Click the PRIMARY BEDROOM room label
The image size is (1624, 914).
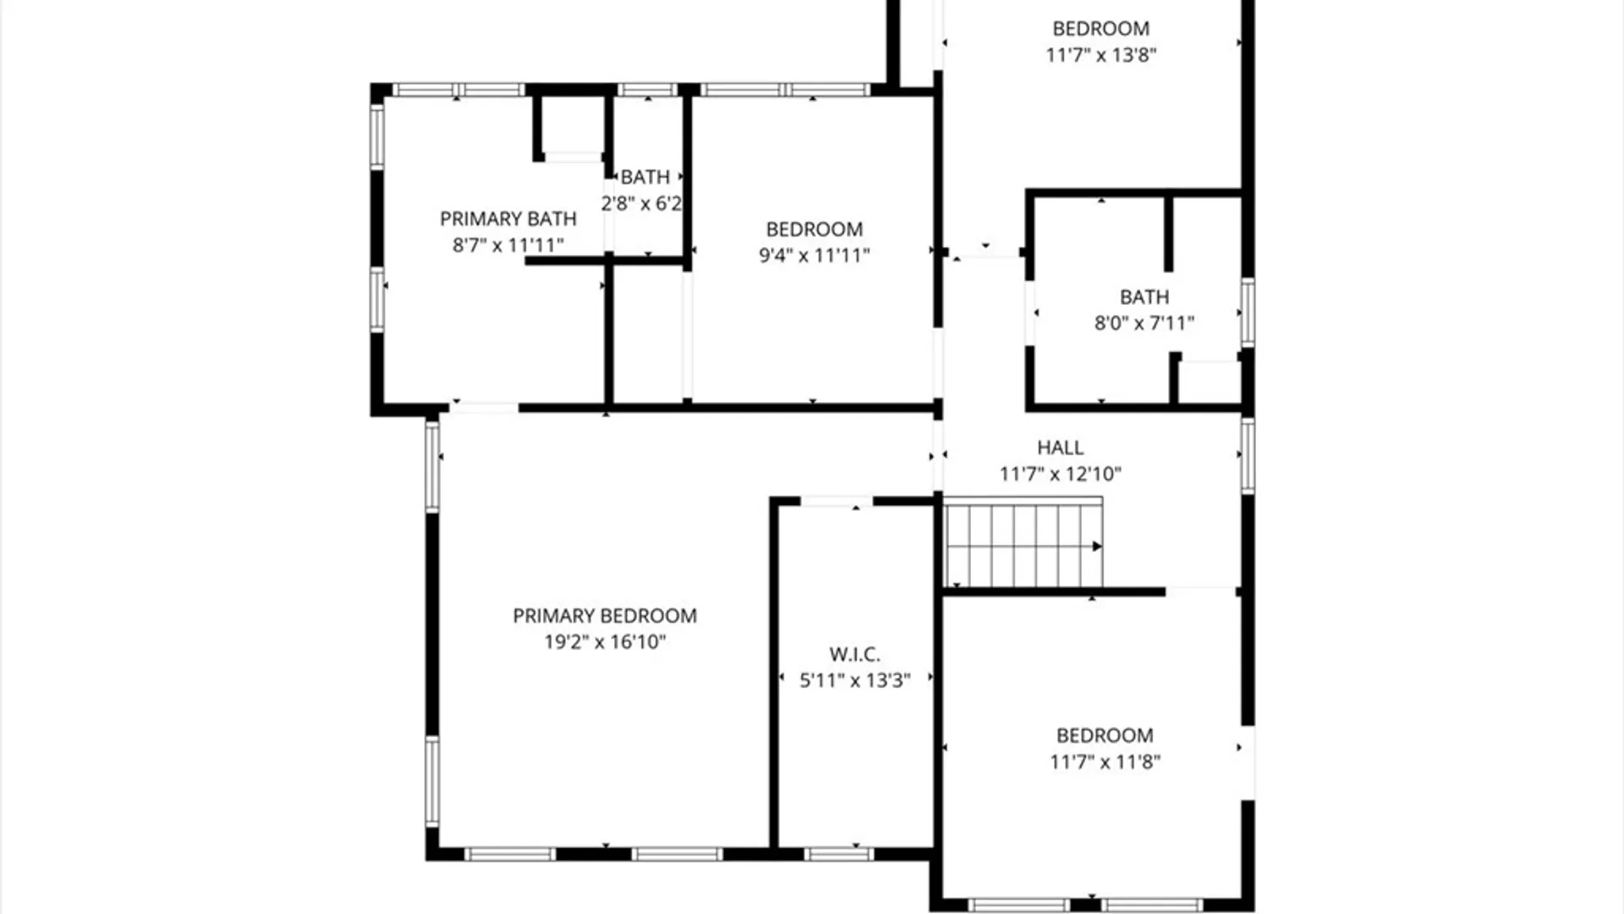tap(605, 615)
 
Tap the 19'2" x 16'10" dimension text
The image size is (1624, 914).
tap(605, 641)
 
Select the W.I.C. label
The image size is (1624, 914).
tap(854, 654)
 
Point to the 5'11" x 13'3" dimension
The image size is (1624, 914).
tap(854, 680)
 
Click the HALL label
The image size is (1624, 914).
tap(1060, 448)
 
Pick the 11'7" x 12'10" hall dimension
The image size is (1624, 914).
tap(1060, 474)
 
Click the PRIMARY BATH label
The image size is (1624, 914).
tap(507, 219)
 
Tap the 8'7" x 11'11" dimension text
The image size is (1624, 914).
tap(507, 245)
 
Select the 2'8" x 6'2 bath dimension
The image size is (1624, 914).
tap(641, 203)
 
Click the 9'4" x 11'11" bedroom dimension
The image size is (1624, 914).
tap(814, 256)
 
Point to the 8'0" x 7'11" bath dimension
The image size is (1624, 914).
tap(1144, 323)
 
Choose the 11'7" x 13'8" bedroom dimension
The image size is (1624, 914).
tap(1100, 55)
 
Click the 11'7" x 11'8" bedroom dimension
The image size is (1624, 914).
tap(1105, 762)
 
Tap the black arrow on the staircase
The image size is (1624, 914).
tap(1096, 547)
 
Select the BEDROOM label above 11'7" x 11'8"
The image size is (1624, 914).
tap(1105, 735)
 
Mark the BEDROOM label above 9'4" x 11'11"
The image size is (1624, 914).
tap(814, 229)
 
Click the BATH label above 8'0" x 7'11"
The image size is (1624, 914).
tap(1144, 297)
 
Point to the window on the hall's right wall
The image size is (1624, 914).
tap(1248, 456)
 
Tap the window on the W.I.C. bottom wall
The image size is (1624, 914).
tap(838, 854)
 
